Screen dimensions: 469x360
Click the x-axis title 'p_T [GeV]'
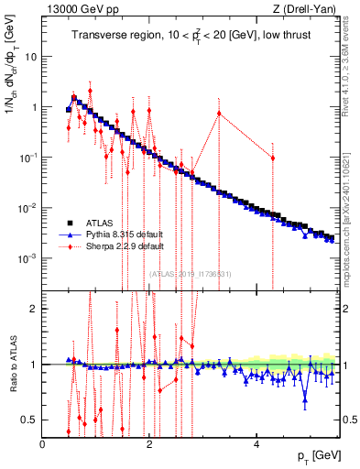click(x=312, y=455)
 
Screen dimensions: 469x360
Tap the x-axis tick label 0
click(x=43, y=443)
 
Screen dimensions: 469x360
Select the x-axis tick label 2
click(x=149, y=443)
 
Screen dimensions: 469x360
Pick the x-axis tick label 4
click(x=256, y=443)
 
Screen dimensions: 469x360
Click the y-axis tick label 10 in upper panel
click(x=31, y=56)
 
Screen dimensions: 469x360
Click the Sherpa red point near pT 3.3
click(x=219, y=113)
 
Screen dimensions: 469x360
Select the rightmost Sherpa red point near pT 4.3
click(x=272, y=158)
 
